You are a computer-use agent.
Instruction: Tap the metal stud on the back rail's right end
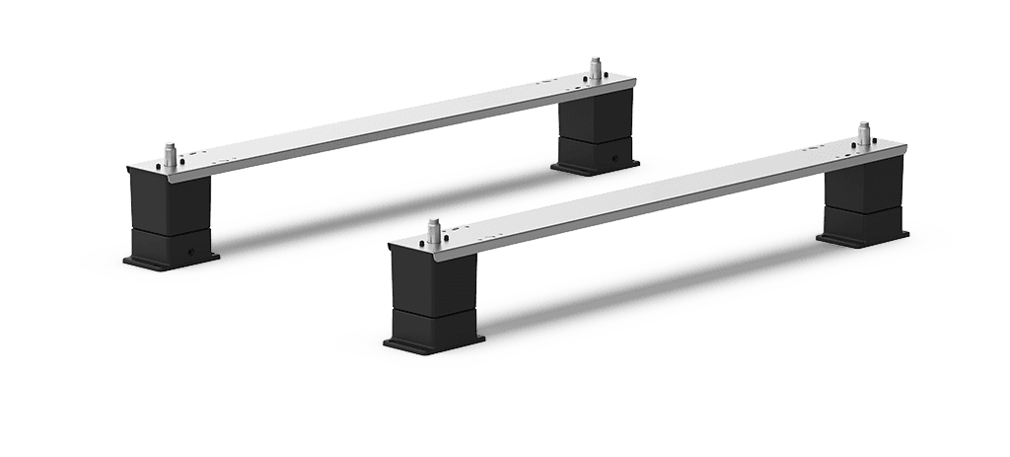(x=595, y=68)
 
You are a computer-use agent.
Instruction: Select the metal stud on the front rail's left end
(x=433, y=232)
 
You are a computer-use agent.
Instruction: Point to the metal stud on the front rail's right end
(x=864, y=134)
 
